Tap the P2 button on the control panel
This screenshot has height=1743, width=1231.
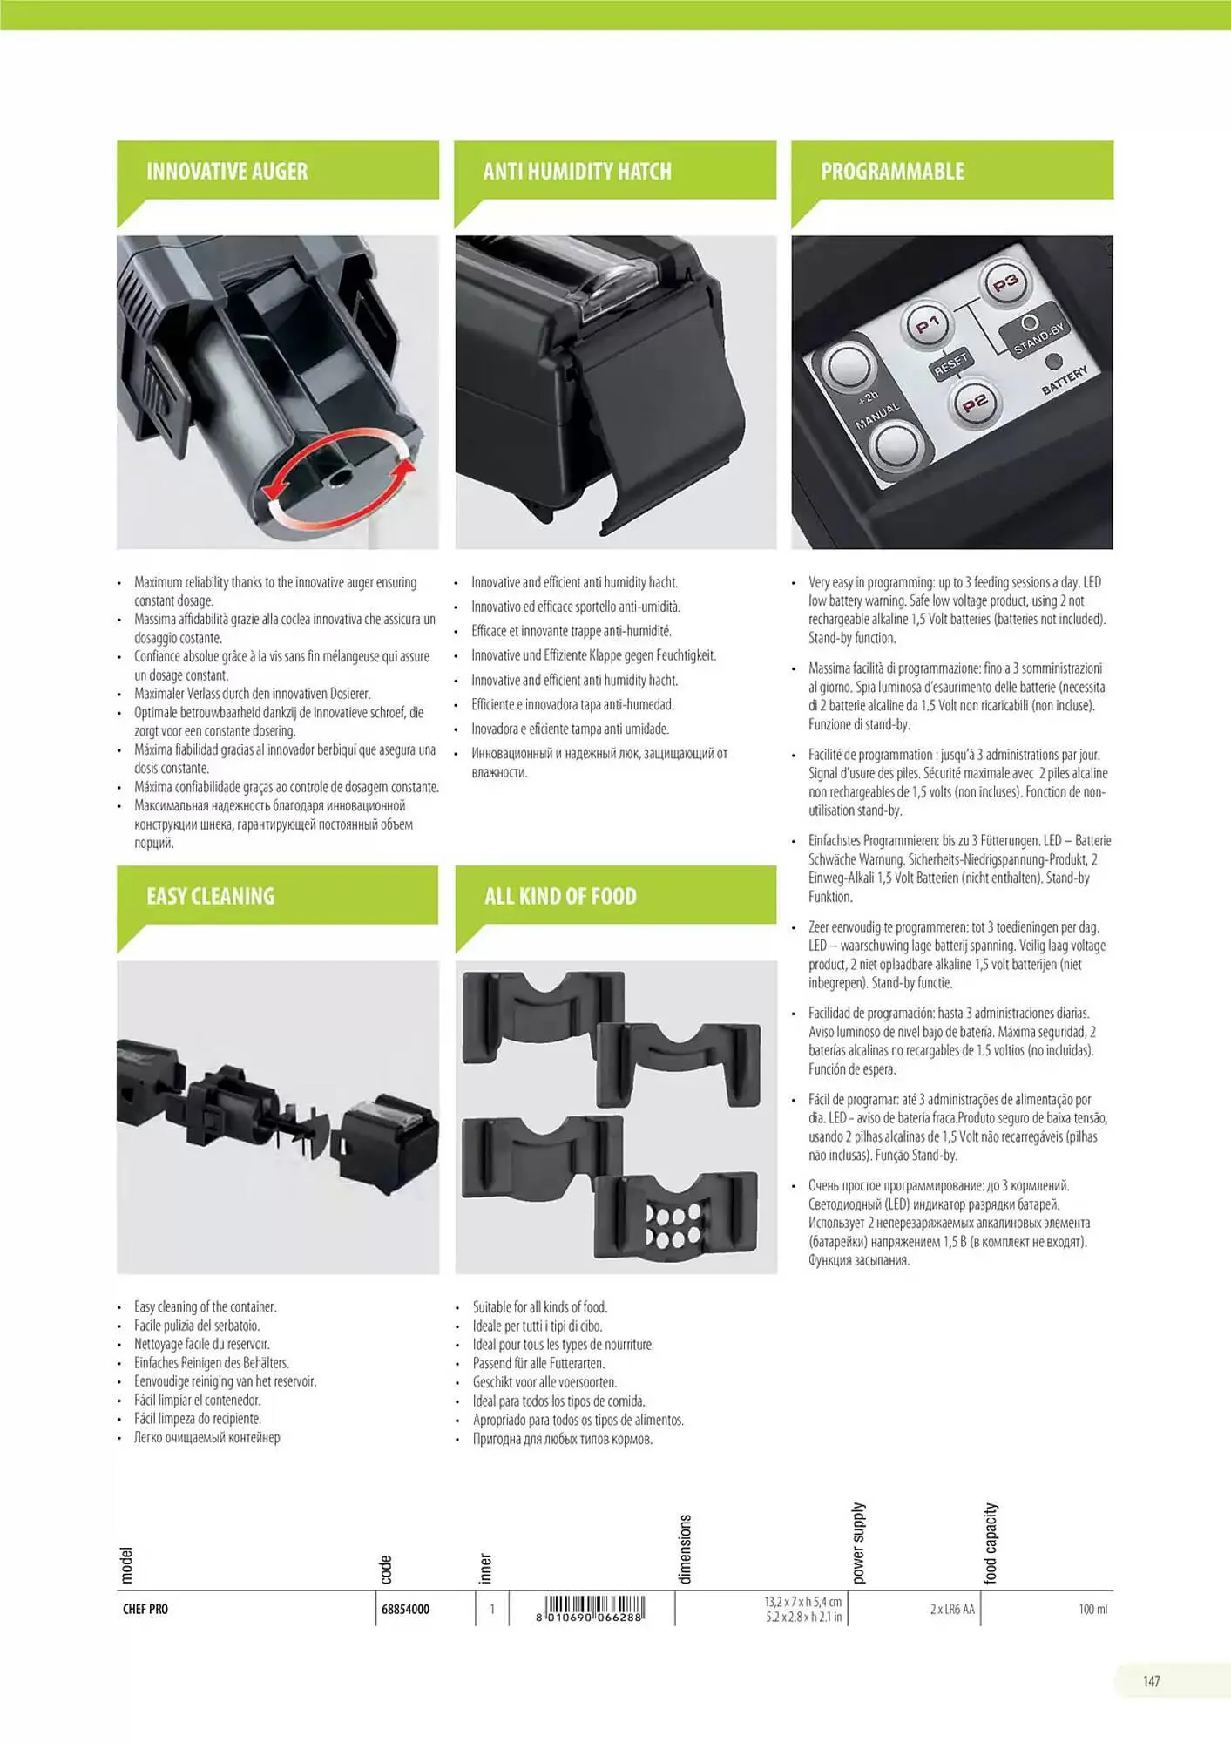click(974, 403)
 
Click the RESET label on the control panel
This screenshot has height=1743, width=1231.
click(950, 363)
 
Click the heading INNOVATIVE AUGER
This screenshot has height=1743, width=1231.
click(227, 171)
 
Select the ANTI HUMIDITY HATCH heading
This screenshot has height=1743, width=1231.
click(578, 171)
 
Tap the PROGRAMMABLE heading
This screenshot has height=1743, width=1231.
click(892, 171)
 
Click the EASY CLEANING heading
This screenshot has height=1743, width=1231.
click(210, 896)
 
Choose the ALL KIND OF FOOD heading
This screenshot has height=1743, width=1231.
click(560, 896)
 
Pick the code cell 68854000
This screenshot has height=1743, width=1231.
click(406, 1609)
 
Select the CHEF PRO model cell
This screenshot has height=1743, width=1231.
click(145, 1609)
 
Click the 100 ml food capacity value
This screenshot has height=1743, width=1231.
click(1092, 1609)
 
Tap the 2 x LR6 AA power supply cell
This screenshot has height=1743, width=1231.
click(952, 1609)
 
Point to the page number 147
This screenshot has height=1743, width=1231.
click(1152, 1681)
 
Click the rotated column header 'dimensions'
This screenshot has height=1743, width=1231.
click(685, 1549)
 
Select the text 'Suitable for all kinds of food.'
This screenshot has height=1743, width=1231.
click(540, 1307)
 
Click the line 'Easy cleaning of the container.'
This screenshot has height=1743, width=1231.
click(206, 1306)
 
